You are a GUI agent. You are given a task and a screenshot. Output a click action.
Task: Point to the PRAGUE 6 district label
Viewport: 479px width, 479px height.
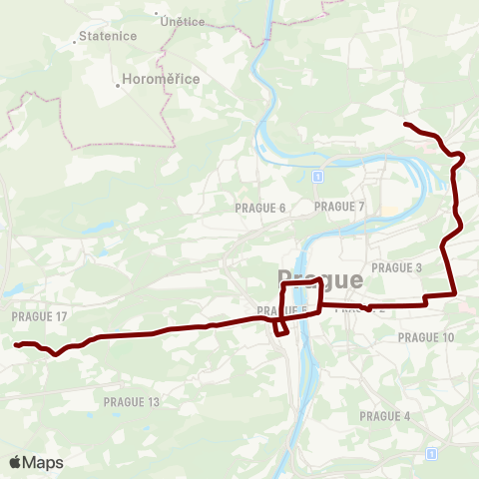click(x=260, y=208)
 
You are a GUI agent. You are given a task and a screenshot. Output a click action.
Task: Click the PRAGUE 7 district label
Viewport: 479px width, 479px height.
click(x=340, y=207)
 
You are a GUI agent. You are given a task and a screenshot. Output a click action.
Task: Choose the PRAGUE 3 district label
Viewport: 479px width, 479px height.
click(x=397, y=267)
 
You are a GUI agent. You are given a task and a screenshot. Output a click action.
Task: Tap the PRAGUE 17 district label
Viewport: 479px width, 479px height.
click(x=40, y=316)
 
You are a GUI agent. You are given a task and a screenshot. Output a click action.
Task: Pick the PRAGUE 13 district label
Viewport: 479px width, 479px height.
click(x=132, y=401)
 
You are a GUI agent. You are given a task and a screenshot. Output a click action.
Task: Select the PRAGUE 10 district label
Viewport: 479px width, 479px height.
click(x=426, y=337)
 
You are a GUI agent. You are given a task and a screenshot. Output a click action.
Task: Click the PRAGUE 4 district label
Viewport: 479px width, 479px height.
click(x=385, y=416)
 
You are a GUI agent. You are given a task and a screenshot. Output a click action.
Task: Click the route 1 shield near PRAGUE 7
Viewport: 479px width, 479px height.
click(x=316, y=177)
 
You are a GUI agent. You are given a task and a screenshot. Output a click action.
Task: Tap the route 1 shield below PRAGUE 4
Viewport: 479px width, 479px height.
click(x=431, y=453)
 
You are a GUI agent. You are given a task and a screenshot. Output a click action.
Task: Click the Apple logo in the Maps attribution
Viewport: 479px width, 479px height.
click(x=15, y=462)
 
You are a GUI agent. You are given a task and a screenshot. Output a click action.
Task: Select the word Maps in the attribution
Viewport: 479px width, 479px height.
click(x=43, y=462)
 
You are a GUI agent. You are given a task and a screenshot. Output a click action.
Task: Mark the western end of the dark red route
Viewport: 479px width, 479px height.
click(x=16, y=345)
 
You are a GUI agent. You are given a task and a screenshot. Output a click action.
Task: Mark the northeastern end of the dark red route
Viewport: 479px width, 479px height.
click(x=405, y=124)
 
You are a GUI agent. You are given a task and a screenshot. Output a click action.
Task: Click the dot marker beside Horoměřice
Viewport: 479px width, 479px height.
click(x=118, y=85)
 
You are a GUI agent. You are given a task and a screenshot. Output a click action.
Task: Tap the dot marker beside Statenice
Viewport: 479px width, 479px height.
click(x=76, y=43)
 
